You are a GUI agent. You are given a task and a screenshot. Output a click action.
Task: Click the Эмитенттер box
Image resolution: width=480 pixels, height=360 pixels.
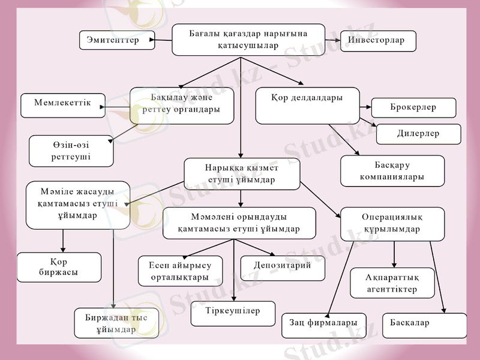116,40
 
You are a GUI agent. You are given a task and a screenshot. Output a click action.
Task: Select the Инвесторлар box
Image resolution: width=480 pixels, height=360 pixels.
378,41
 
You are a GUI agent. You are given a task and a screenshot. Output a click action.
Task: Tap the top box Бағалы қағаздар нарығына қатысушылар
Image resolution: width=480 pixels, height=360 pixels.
248,40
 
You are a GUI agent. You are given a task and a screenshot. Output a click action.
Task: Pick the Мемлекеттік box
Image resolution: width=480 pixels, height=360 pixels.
62,105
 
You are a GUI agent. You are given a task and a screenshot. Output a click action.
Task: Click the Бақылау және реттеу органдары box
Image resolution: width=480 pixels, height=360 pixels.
182,105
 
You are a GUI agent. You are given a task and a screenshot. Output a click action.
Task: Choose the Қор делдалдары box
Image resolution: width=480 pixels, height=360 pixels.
307,105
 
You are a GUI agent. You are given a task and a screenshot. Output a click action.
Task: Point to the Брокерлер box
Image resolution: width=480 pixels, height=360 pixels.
413,107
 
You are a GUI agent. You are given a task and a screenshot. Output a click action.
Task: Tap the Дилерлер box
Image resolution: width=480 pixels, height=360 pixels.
418,134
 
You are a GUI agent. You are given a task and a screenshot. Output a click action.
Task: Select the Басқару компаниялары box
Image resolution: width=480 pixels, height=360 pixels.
392,171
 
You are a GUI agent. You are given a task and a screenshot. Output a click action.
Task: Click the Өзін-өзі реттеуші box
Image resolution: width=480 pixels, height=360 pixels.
71,151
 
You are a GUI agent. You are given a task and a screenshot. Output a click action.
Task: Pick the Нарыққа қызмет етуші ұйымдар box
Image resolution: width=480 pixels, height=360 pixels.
242,174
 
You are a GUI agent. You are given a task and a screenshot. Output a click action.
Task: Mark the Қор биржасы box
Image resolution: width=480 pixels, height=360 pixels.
59,267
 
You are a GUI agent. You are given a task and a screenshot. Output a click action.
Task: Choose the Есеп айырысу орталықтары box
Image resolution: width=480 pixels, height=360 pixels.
180,271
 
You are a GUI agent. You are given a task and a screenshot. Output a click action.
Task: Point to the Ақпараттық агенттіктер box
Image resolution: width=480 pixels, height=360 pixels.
392,283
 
